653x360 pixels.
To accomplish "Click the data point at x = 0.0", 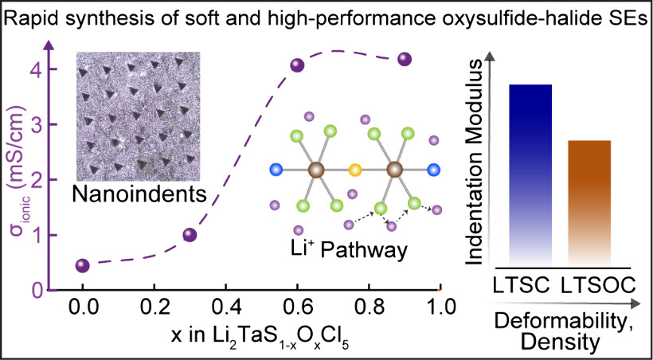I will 82,266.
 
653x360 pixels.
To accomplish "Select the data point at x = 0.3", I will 190,234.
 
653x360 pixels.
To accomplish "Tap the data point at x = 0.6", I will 297,65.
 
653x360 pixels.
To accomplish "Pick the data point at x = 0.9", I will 405,59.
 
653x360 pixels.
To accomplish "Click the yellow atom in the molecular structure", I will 355,170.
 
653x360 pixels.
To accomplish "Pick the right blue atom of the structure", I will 434,170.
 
